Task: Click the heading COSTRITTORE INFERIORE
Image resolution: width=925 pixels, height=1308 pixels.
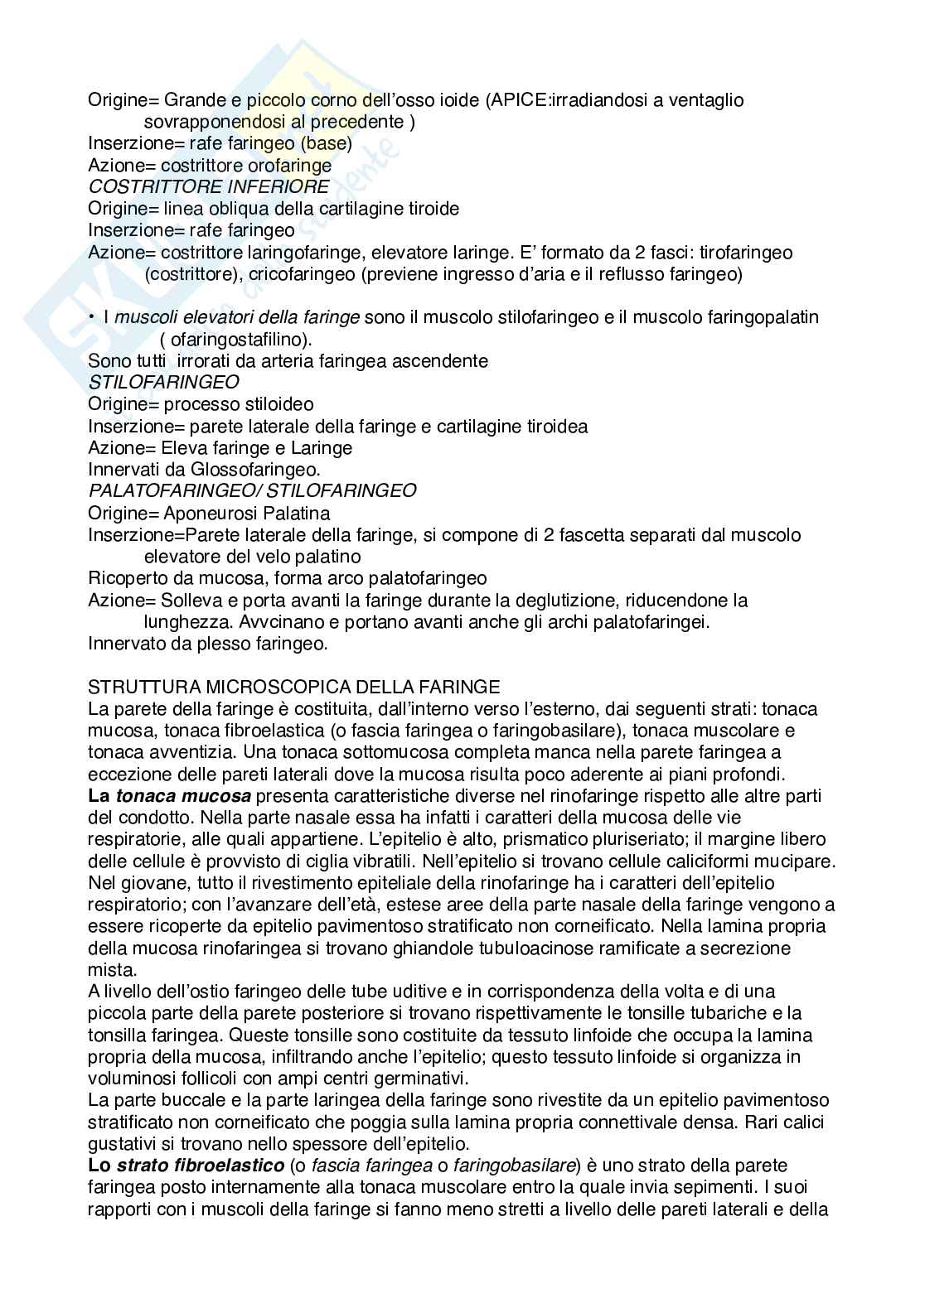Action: point(208,187)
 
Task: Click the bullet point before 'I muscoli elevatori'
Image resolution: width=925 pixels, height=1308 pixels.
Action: point(91,317)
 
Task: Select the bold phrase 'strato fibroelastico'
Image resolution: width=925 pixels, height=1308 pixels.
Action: point(199,1166)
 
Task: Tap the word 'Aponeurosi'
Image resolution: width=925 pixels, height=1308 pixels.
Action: point(207,514)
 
